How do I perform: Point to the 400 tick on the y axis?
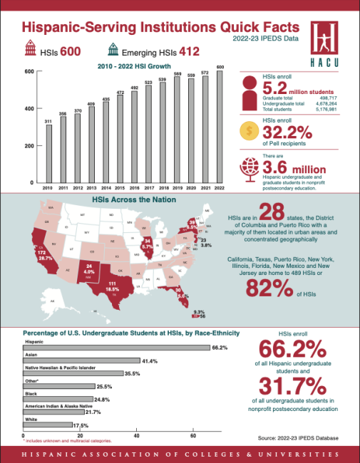(x=29, y=108)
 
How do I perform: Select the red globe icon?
(x=252, y=167)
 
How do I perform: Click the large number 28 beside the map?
(x=272, y=214)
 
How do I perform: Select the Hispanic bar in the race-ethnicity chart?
(x=117, y=348)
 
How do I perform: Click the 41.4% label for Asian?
(x=150, y=362)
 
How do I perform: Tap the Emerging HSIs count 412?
(x=189, y=51)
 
